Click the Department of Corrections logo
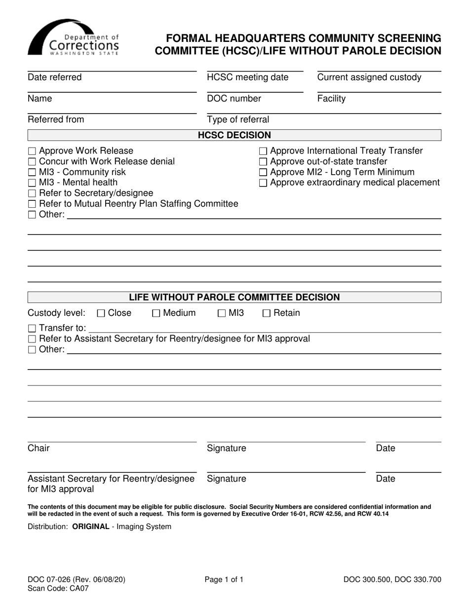pos(73,38)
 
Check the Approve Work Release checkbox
pos(32,151)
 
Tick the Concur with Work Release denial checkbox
pos(32,162)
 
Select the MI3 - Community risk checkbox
pos(32,173)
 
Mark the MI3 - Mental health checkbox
pos(32,183)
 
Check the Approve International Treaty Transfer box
pos(264,151)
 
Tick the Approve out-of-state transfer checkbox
pos(264,162)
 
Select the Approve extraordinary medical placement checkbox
pos(264,183)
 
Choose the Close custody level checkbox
pos(101,313)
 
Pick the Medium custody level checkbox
pos(156,313)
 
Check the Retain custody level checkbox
pos(267,313)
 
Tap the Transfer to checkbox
pos(32,329)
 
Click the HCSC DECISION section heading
pos(234,135)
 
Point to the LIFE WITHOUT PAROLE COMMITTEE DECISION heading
pos(234,298)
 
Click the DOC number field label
pos(234,99)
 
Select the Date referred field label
pos(55,77)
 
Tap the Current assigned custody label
pos(369,77)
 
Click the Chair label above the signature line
pos(39,449)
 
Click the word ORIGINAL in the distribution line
pos(91,527)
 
